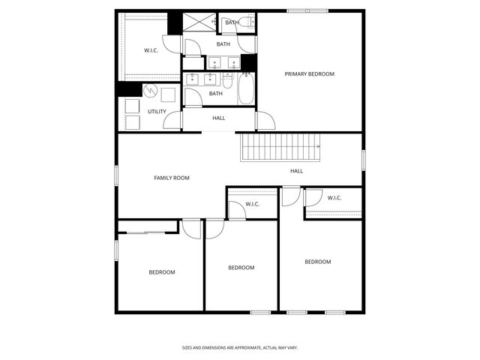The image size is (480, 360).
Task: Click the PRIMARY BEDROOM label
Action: (309, 74)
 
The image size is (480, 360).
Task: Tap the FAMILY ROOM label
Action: (171, 178)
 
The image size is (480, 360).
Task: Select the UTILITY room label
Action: (157, 112)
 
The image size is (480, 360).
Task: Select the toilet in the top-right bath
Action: (248, 22)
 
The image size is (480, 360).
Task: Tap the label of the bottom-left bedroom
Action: (161, 272)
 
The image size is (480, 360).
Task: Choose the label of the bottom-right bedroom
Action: (317, 262)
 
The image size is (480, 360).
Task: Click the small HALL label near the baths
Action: (218, 118)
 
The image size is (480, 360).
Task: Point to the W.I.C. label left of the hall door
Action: (252, 204)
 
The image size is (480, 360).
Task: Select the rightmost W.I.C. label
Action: (334, 198)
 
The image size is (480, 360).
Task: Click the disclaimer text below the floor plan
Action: (240, 348)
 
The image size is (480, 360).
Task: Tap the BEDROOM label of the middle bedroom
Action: (241, 268)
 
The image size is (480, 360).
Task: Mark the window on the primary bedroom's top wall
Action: (307, 10)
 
